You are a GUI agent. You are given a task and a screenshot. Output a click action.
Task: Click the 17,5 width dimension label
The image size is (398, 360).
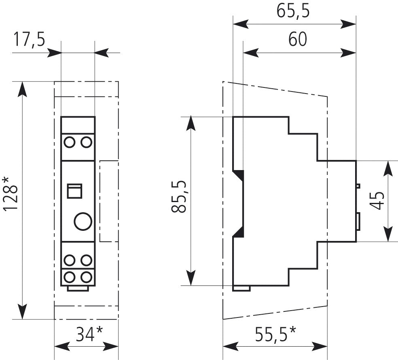pos(29,39)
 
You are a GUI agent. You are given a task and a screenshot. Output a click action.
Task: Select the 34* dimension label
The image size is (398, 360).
pos(89,334)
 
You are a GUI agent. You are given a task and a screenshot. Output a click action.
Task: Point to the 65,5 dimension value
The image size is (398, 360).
pos(293,11)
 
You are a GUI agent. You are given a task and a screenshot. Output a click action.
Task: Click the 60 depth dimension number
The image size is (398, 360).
pos(297,39)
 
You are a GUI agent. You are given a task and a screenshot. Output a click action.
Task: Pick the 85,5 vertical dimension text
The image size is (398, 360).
pos(179,196)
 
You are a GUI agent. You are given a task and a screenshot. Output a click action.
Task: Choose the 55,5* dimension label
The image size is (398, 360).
pos(275,334)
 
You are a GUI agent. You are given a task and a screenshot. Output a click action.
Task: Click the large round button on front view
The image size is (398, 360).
pos(83,221)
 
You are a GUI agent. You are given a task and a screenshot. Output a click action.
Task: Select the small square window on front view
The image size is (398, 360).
pos(74,191)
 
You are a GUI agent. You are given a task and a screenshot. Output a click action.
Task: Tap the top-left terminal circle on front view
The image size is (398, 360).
pos(69,142)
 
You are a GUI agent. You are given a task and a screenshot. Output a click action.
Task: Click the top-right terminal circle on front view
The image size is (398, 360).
pos(86,142)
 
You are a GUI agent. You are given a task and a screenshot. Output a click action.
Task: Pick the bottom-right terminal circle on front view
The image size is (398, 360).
pos(86,277)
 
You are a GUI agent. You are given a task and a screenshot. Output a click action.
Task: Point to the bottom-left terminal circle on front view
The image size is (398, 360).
pos(69,277)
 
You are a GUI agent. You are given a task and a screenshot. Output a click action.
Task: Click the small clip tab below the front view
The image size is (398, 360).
pos(78,288)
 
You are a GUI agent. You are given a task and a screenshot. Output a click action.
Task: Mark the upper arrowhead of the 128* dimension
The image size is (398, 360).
pos(23,89)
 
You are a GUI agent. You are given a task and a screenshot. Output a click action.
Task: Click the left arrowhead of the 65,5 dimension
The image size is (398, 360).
pos(241,24)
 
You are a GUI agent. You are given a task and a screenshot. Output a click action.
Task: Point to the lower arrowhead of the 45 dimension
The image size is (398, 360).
pos(388,234)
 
